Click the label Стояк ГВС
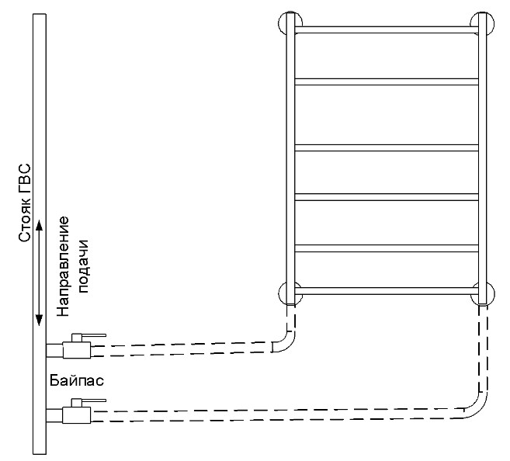[x=25, y=203]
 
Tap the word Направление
[x=63, y=266]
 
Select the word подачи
[x=82, y=266]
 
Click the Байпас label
[x=77, y=380]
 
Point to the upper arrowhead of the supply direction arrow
[x=39, y=225]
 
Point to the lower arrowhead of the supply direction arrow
[x=39, y=320]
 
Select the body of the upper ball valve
[x=76, y=350]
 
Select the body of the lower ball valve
[x=76, y=415]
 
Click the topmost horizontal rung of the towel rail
[x=387, y=30]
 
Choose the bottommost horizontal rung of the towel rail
[x=387, y=291]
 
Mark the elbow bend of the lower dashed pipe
[x=479, y=409]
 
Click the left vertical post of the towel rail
[x=290, y=159]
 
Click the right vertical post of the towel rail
[x=483, y=159]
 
